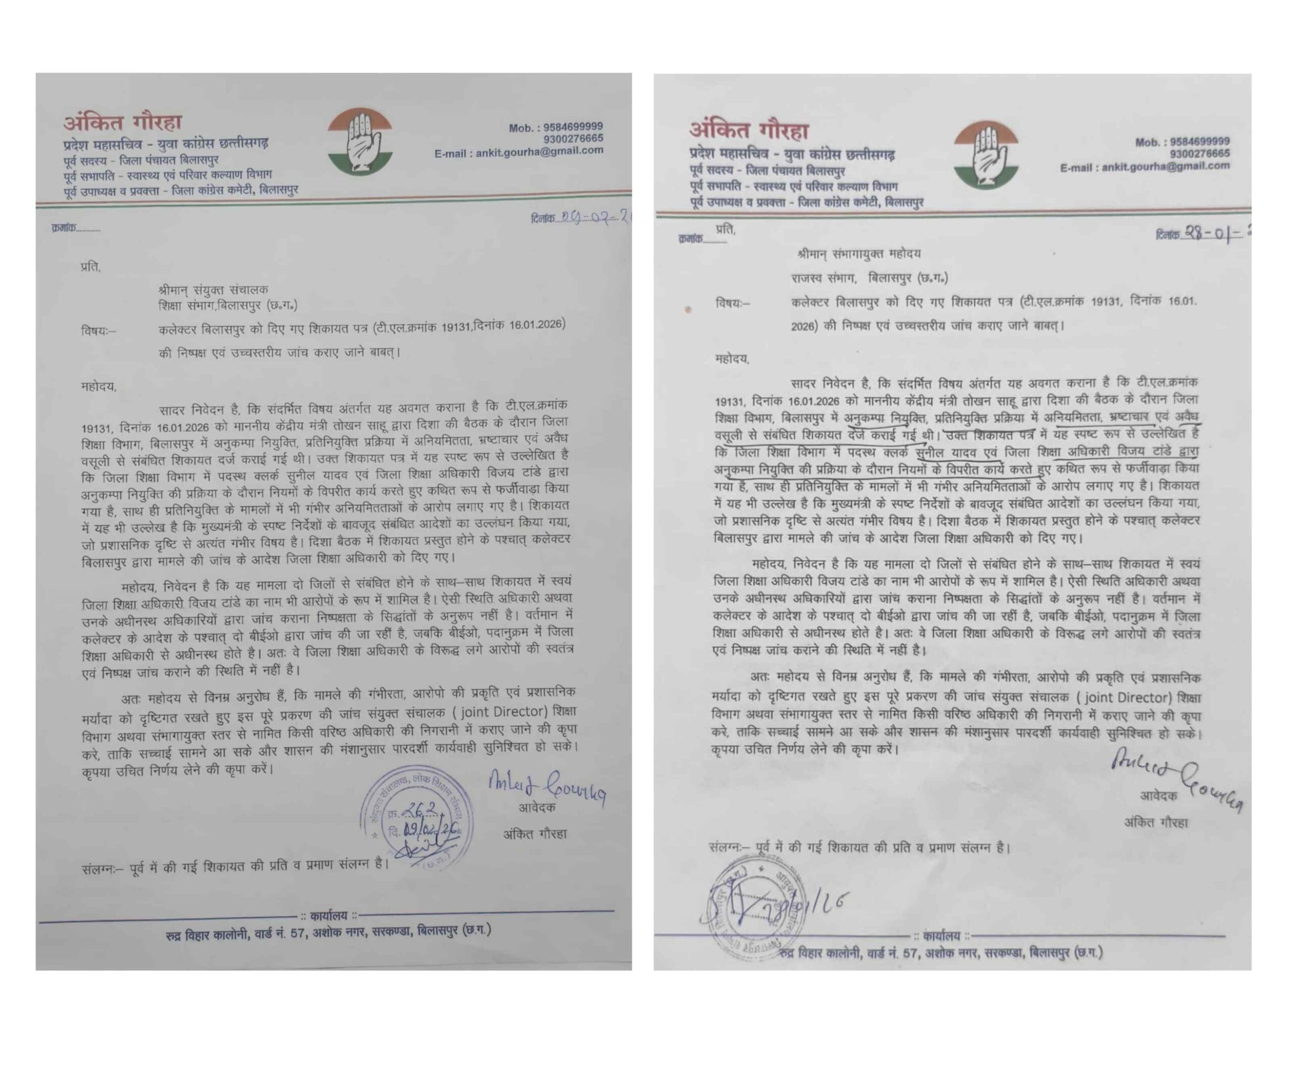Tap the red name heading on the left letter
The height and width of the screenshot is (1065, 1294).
click(x=123, y=123)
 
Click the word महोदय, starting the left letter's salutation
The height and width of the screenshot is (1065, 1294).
click(x=98, y=387)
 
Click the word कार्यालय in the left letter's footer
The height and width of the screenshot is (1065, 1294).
click(x=328, y=916)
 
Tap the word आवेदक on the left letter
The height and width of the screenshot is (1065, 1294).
click(x=537, y=808)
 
